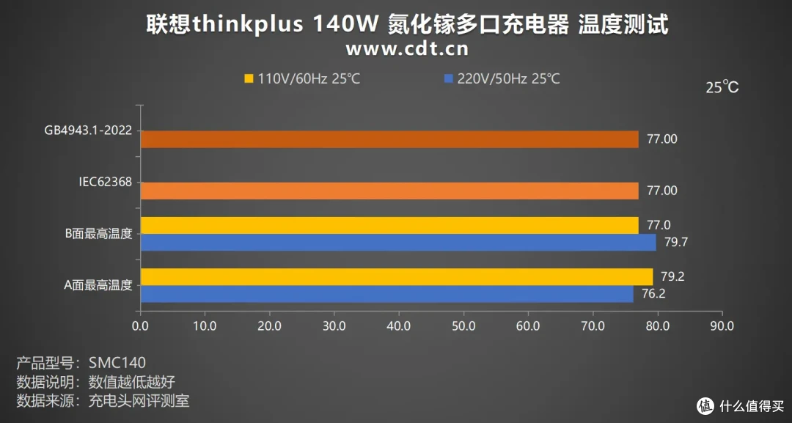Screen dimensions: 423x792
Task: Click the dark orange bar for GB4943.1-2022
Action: click(x=389, y=139)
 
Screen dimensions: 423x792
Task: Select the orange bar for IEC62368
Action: click(x=389, y=191)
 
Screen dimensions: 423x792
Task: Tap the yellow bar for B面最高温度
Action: click(x=389, y=226)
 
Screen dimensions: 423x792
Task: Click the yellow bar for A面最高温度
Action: click(x=396, y=277)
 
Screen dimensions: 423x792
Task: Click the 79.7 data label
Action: click(x=675, y=242)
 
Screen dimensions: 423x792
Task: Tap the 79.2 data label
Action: click(x=672, y=277)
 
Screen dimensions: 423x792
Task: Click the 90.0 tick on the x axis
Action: click(x=722, y=325)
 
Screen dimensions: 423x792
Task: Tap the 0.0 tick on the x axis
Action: click(x=140, y=325)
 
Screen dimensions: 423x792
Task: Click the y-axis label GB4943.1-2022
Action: click(x=88, y=131)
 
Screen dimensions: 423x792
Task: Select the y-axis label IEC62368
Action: click(x=106, y=183)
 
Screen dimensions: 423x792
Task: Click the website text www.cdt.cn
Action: click(x=406, y=49)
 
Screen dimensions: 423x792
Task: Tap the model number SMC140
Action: click(x=117, y=363)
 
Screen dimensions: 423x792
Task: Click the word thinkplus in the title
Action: click(x=249, y=24)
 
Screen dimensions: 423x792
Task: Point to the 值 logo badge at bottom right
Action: click(x=705, y=405)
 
